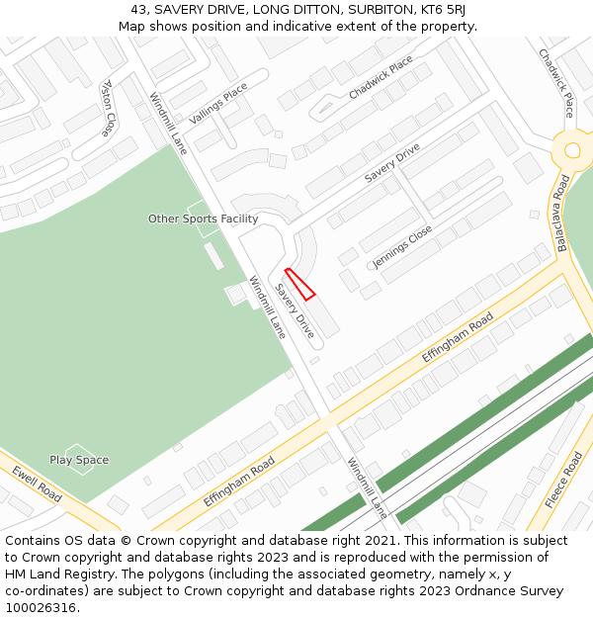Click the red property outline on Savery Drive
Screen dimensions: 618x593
pyautogui.click(x=299, y=283)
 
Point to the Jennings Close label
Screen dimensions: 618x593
pyautogui.click(x=402, y=246)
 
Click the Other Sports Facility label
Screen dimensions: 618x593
pyautogui.click(x=203, y=219)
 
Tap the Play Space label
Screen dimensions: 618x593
pyautogui.click(x=79, y=460)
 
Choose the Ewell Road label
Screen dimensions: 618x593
pyautogui.click(x=37, y=484)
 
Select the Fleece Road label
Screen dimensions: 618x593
pyautogui.click(x=564, y=480)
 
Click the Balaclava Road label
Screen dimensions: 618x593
pyautogui.click(x=563, y=213)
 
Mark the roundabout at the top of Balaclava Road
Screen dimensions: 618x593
pyautogui.click(x=572, y=150)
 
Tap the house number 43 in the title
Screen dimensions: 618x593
pyautogui.click(x=139, y=10)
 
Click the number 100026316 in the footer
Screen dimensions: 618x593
pyautogui.click(x=42, y=607)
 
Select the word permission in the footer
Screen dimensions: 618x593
pyautogui.click(x=440, y=558)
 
